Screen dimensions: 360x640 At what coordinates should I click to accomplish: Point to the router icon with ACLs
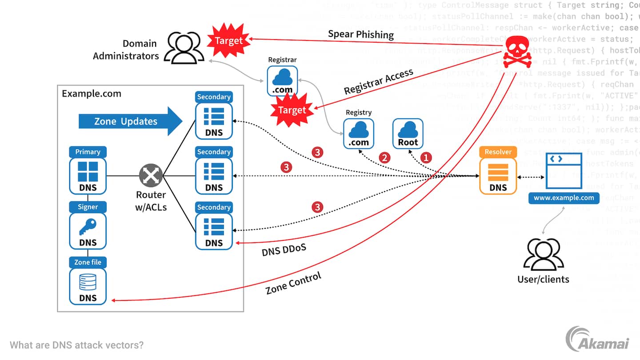point(151,176)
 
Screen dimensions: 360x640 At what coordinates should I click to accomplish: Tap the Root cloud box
point(408,133)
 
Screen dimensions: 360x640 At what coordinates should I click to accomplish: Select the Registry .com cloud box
point(359,133)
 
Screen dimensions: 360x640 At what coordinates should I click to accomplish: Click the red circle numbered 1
point(426,157)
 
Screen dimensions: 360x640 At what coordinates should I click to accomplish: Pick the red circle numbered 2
point(384,157)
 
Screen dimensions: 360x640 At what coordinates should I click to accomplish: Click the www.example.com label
point(564,198)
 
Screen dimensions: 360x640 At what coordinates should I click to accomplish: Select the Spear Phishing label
point(361,34)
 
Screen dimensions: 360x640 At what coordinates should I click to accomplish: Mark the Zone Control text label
point(293,284)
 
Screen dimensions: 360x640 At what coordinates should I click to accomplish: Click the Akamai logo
point(597,340)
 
